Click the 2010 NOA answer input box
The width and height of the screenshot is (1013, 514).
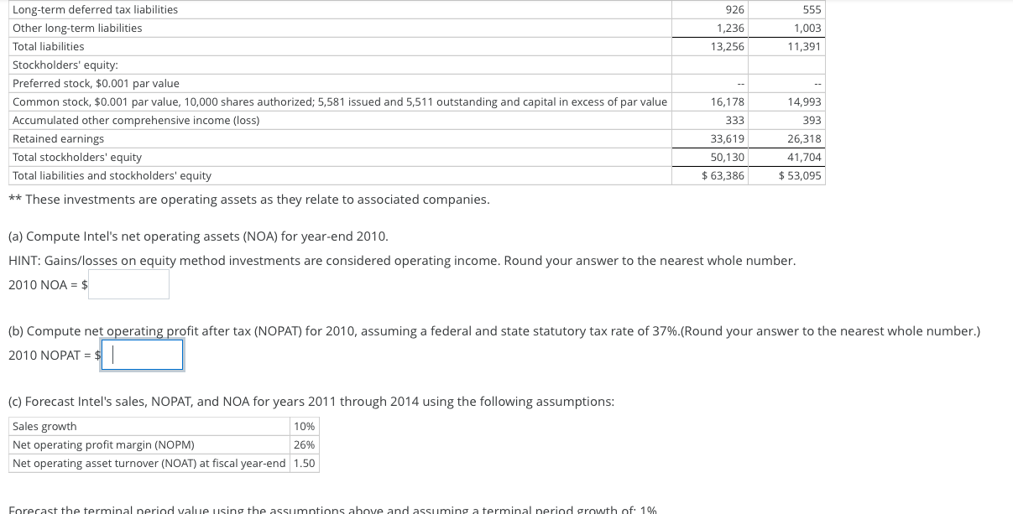(x=129, y=284)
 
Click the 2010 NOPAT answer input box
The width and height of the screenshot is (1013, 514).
(x=142, y=355)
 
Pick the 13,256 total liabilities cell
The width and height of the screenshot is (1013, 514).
(x=727, y=46)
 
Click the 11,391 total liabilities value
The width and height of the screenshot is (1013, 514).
(x=804, y=46)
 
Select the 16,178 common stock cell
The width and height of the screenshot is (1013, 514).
(x=727, y=101)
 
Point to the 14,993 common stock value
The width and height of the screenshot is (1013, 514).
(x=804, y=101)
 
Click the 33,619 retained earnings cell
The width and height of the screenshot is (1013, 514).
(x=727, y=138)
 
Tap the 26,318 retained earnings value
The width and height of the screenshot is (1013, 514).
(x=804, y=138)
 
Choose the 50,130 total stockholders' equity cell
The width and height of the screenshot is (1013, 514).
(x=727, y=157)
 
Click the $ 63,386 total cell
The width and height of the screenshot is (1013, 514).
(x=723, y=175)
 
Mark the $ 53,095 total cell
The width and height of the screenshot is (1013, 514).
(x=800, y=175)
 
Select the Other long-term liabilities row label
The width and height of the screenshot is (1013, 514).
(x=77, y=28)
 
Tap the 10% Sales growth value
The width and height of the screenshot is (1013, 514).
(x=304, y=426)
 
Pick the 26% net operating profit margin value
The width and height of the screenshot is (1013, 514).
(x=304, y=444)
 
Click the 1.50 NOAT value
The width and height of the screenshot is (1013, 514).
(x=305, y=463)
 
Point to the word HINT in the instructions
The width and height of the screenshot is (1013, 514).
(x=23, y=261)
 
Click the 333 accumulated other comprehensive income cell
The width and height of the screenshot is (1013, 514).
(x=734, y=120)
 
